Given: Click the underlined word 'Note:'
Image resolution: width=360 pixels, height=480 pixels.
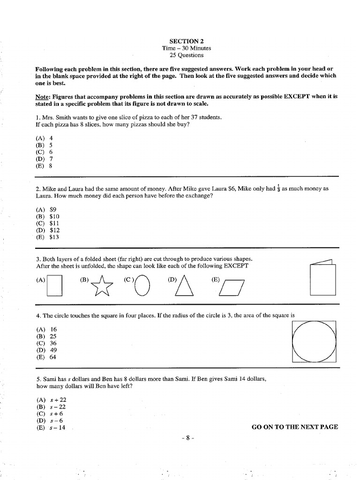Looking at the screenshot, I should [44, 96].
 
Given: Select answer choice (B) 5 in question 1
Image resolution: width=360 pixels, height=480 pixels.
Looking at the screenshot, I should [45, 145].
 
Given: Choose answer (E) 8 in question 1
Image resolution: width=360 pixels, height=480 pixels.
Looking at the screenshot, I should [45, 165].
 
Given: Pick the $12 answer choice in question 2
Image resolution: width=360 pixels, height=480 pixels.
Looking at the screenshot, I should [48, 230].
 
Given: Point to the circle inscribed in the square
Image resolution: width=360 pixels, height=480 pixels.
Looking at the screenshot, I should [314, 340].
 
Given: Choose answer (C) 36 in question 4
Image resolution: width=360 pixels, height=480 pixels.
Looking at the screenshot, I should [46, 343].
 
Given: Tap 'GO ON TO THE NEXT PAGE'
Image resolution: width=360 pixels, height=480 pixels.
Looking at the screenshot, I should [294, 427].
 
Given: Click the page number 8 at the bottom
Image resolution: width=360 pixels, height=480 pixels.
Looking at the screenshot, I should [187, 438].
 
